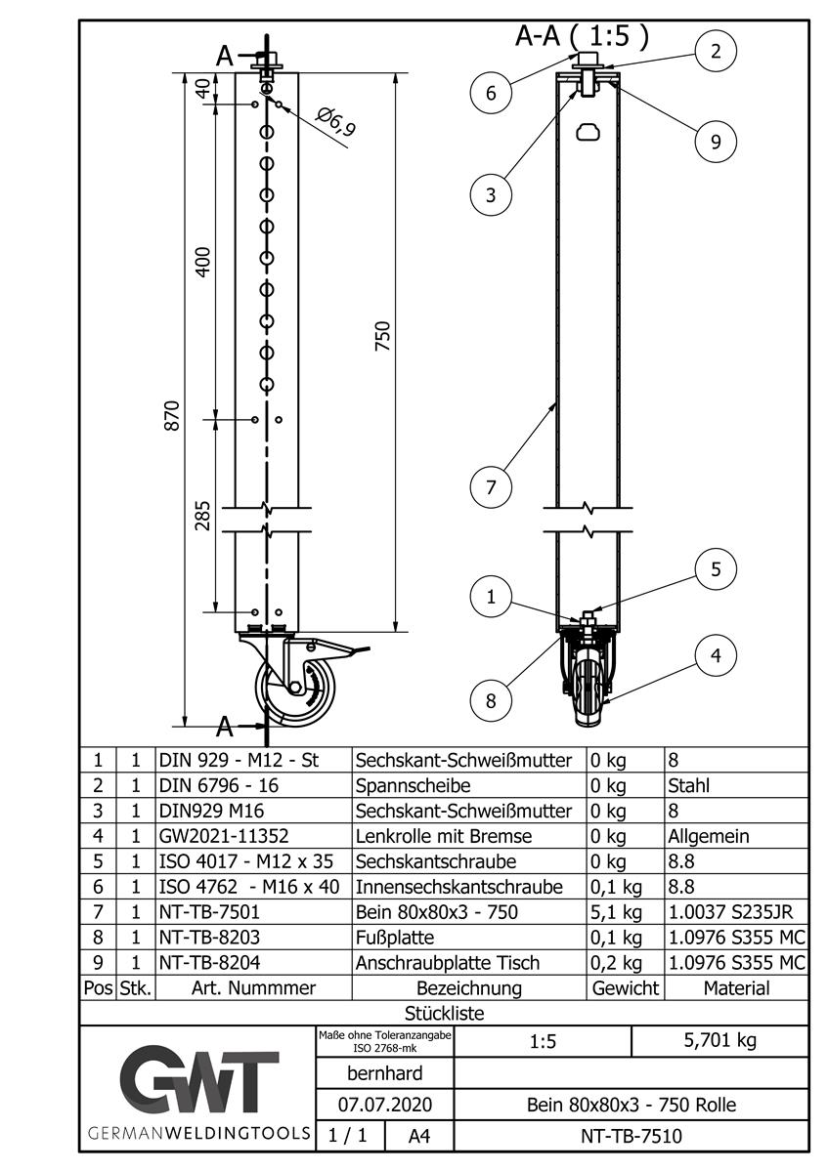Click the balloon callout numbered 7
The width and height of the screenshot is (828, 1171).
click(491, 485)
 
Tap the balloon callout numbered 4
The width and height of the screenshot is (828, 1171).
click(717, 656)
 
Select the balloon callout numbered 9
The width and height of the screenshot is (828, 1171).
click(716, 142)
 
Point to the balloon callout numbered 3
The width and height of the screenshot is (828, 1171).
click(491, 194)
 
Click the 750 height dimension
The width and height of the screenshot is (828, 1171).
click(383, 336)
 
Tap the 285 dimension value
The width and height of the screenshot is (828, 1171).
click(202, 516)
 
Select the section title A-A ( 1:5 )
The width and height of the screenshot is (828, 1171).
click(582, 37)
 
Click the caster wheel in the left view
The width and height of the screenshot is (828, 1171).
click(296, 690)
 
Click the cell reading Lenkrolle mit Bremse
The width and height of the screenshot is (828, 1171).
click(444, 836)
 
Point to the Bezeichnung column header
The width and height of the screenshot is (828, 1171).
click(468, 988)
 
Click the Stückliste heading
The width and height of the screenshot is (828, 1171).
click(444, 1014)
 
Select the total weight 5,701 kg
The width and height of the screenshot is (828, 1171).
click(719, 1040)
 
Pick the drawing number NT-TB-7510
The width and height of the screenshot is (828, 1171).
click(632, 1136)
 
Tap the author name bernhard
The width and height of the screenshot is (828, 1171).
click(385, 1073)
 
